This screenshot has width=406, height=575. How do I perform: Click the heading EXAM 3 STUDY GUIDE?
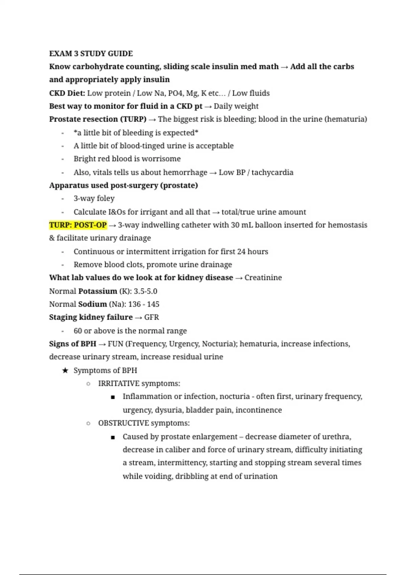pyautogui.click(x=91, y=53)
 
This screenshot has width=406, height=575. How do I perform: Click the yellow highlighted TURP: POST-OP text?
pyautogui.click(x=78, y=225)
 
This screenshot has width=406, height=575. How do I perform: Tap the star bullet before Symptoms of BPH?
pyautogui.click(x=65, y=370)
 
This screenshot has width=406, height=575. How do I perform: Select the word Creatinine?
pyautogui.click(x=263, y=278)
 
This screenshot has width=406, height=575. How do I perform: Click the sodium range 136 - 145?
pyautogui.click(x=143, y=304)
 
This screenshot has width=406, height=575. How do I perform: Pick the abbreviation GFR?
pyautogui.click(x=151, y=317)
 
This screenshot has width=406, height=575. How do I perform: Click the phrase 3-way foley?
pyautogui.click(x=94, y=199)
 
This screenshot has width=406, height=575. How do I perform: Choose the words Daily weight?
pyautogui.click(x=236, y=106)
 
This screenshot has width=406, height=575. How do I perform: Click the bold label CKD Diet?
pyautogui.click(x=67, y=93)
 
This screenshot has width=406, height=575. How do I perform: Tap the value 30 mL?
pyautogui.click(x=242, y=225)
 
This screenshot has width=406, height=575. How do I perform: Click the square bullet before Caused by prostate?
pyautogui.click(x=113, y=437)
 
